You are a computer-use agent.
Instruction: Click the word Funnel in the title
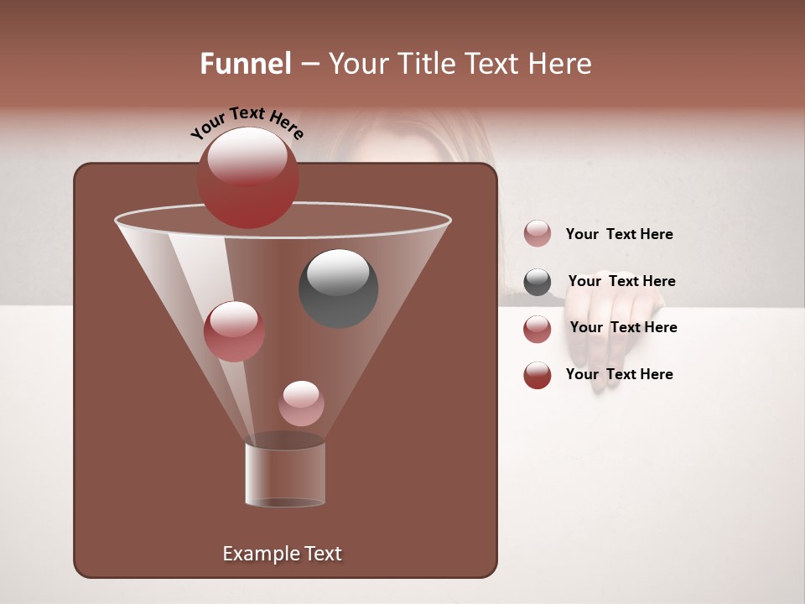tap(245, 64)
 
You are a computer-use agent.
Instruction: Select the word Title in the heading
tap(425, 64)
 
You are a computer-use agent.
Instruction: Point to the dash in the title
tap(309, 65)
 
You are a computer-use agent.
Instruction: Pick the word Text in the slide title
tap(491, 64)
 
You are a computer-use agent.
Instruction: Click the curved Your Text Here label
tap(247, 123)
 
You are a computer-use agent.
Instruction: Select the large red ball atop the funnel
tap(247, 178)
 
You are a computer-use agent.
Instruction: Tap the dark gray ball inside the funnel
tap(339, 289)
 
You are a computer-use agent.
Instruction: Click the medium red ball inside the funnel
tap(234, 331)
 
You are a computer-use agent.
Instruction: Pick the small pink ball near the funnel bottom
tap(301, 404)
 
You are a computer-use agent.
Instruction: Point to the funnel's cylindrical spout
tap(285, 475)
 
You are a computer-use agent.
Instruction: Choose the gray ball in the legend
tap(538, 282)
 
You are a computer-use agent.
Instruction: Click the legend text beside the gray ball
tap(621, 281)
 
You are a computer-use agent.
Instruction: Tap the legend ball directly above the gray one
tap(538, 234)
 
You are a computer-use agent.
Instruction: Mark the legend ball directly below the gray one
tap(538, 329)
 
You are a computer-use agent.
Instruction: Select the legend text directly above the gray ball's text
tap(619, 234)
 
